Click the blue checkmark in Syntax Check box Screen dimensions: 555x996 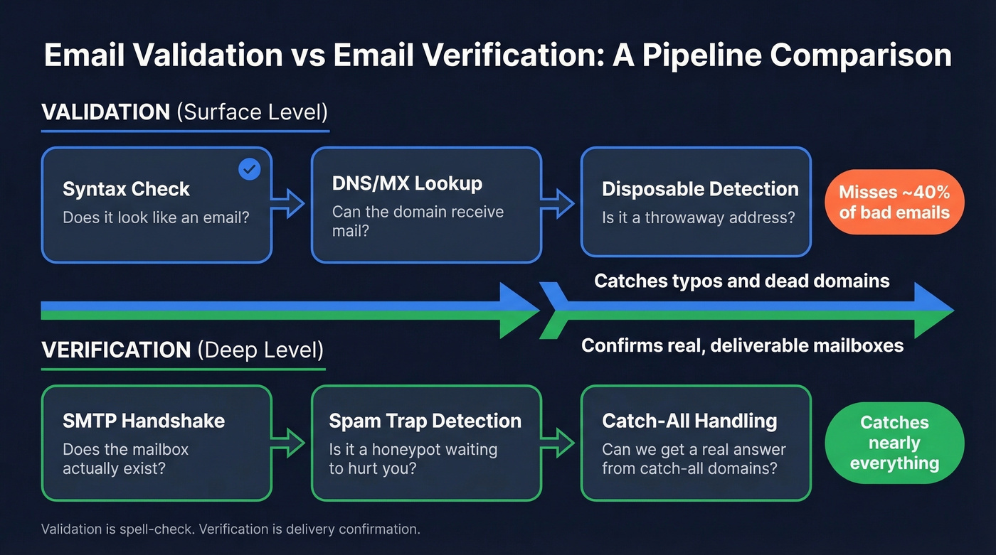click(248, 169)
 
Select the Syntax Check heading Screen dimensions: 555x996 click(126, 189)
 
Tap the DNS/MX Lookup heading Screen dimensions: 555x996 click(407, 183)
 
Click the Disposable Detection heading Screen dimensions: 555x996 click(700, 189)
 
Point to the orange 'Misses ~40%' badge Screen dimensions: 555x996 click(894, 202)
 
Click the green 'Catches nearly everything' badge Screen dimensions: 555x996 click(894, 443)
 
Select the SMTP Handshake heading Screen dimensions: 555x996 click(144, 421)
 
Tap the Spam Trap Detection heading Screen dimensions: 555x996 click(425, 421)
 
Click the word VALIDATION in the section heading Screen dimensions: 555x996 click(105, 112)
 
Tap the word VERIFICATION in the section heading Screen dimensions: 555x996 click(116, 350)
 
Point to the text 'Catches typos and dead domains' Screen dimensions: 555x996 click(741, 281)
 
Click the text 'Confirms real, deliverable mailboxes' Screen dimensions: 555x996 click(742, 345)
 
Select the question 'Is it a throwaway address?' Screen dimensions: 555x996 click(698, 217)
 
